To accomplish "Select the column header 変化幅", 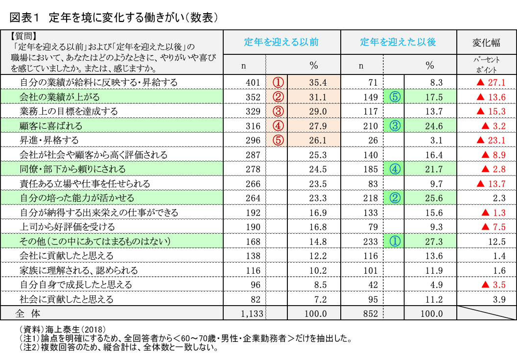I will click(x=486, y=42).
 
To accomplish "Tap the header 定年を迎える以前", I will click(x=282, y=42).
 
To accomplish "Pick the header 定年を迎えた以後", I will click(x=398, y=42).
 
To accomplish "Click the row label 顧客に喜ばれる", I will click(x=51, y=126).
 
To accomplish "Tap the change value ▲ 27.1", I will click(x=487, y=82).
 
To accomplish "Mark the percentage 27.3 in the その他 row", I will click(x=434, y=241).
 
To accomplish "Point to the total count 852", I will click(x=371, y=314).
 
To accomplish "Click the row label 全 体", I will click(x=28, y=313).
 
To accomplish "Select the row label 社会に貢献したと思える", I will click(x=67, y=299).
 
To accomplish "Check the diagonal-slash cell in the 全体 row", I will click(x=486, y=313).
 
